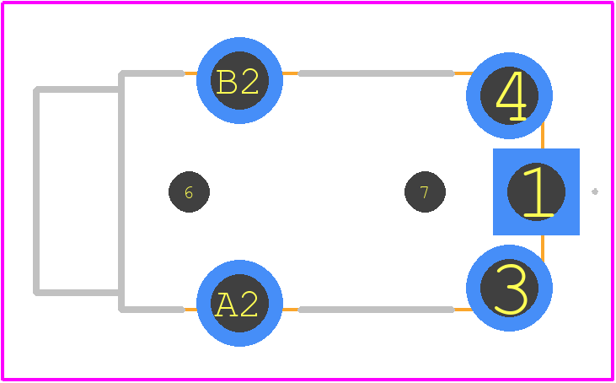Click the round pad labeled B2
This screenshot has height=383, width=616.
click(x=239, y=80)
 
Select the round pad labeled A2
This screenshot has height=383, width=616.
click(x=239, y=303)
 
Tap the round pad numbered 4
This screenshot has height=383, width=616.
click(x=509, y=95)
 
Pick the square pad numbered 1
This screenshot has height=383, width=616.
click(x=536, y=191)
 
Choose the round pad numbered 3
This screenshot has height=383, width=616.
click(x=509, y=289)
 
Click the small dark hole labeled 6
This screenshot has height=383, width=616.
click(x=189, y=191)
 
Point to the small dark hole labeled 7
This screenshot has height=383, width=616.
click(x=425, y=191)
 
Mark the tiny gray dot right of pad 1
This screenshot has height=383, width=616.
click(x=595, y=191)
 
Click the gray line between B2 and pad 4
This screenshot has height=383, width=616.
click(x=377, y=73)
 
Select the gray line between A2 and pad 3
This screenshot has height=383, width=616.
click(x=377, y=310)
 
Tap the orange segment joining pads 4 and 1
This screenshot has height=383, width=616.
click(x=543, y=136)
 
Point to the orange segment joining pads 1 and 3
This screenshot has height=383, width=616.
click(x=543, y=249)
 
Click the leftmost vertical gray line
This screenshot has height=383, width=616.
click(x=36, y=191)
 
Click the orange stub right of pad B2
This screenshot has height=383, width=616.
click(x=291, y=73)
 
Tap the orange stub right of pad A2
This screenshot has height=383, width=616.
click(x=291, y=310)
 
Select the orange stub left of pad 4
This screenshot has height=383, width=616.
click(x=463, y=73)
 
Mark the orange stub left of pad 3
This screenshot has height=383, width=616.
click(x=463, y=310)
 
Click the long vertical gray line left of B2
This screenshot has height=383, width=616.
click(x=121, y=191)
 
